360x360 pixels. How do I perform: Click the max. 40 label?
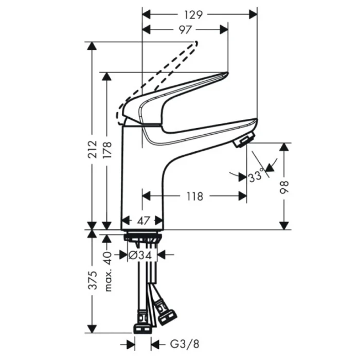[108, 271]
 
